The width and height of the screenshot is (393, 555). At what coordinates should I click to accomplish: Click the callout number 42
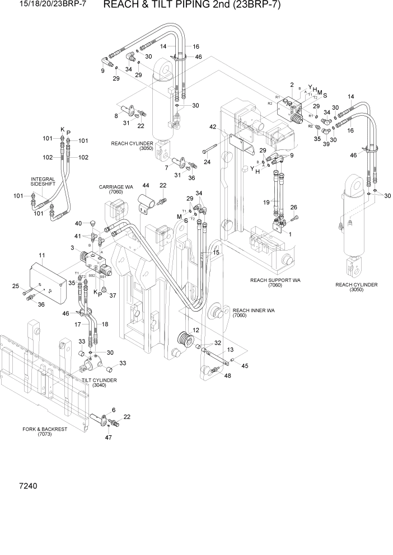(x=213, y=127)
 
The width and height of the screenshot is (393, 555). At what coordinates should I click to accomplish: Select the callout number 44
(x=145, y=185)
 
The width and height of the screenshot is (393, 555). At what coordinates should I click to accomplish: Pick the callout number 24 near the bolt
(x=207, y=162)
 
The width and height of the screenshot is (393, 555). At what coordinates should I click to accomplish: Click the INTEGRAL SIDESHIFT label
(x=43, y=182)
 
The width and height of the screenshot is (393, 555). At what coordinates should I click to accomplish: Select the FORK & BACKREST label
(x=45, y=431)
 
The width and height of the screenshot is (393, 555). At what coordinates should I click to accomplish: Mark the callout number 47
(x=107, y=438)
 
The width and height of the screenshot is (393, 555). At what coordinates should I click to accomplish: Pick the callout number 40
(x=78, y=224)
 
